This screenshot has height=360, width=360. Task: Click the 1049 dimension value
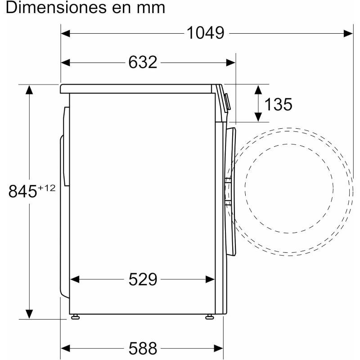206,33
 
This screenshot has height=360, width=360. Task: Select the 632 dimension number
143,62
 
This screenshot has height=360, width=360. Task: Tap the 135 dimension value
278,104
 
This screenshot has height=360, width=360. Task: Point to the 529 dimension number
143,279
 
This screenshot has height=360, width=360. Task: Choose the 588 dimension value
143,348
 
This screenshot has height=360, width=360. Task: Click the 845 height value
22,191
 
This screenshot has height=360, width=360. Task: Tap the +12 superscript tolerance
46,188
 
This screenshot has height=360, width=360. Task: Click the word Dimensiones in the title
56,8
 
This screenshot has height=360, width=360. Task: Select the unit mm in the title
151,9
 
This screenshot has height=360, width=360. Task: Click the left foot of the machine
75,318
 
